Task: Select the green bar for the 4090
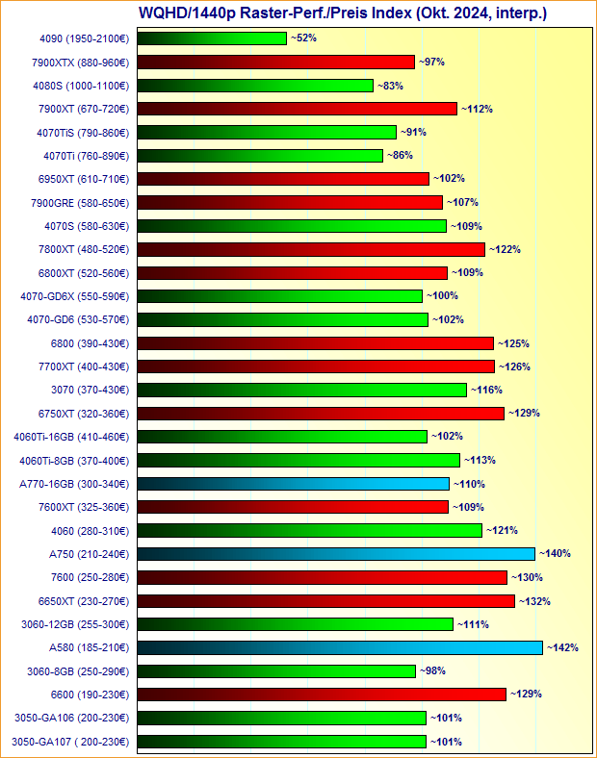pyautogui.click(x=212, y=38)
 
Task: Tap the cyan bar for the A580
pyautogui.click(x=340, y=648)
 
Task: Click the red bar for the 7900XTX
pyautogui.click(x=275, y=62)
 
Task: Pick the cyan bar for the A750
pyautogui.click(x=336, y=554)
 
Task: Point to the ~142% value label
pyautogui.click(x=562, y=648)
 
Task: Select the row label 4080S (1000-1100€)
pyautogui.click(x=82, y=86)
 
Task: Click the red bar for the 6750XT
pyautogui.click(x=321, y=414)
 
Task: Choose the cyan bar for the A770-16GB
pyautogui.click(x=294, y=484)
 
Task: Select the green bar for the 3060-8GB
pyautogui.click(x=276, y=671)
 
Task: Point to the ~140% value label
pyautogui.click(x=555, y=554)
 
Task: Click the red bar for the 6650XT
pyautogui.click(x=326, y=601)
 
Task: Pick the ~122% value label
pyautogui.click(x=505, y=249)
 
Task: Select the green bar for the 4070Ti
pyautogui.click(x=260, y=156)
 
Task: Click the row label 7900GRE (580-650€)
pyautogui.click(x=82, y=203)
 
